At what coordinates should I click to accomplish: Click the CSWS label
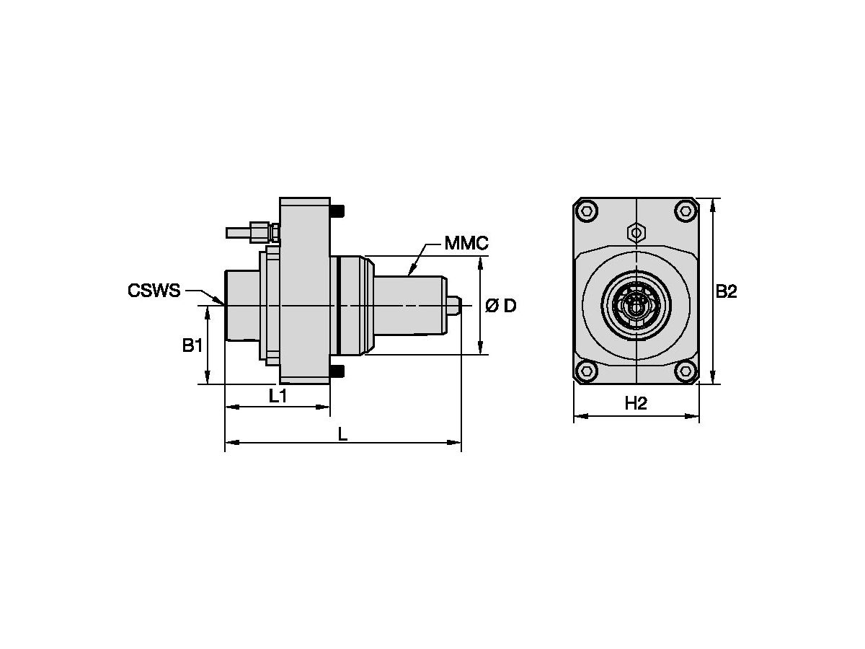click(154, 291)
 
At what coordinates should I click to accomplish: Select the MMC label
click(466, 243)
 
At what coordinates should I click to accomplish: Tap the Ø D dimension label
click(500, 306)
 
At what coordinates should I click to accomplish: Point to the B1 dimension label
click(192, 345)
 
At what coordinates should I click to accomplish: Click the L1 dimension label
click(278, 396)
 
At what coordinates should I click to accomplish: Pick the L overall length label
click(343, 434)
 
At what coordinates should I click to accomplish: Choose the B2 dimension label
click(726, 291)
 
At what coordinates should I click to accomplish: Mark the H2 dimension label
click(636, 402)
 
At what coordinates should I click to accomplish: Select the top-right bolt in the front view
click(686, 211)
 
